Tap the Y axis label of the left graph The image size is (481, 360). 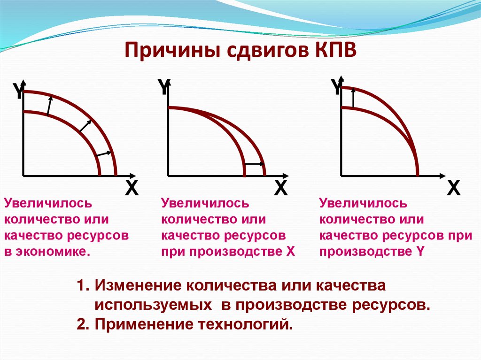18,92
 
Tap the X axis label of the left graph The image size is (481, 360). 132,189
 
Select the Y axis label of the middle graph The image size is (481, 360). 163,87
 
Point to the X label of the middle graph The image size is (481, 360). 280,189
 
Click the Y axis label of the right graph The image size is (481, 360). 336,87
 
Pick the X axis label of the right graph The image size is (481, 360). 454,189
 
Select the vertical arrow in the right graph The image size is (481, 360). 353,98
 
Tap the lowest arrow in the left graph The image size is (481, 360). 104,154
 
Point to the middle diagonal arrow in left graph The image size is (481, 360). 85,125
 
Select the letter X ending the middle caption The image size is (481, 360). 290,252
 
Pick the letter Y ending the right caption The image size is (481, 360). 420,252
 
